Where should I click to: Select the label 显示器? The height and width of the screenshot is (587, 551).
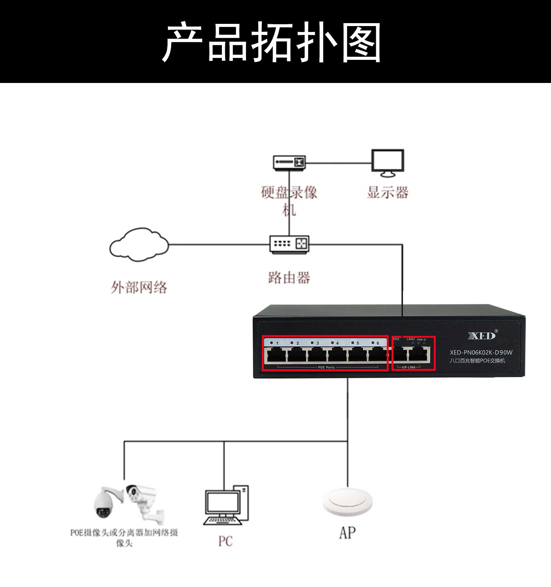(x=388, y=192)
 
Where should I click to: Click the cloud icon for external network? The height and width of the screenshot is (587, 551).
(x=139, y=244)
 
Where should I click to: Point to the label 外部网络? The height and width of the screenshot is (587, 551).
(x=139, y=287)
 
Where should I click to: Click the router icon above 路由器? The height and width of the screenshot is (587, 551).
(x=289, y=244)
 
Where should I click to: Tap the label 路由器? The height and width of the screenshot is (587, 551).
(x=289, y=278)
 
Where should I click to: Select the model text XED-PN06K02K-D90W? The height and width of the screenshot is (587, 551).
(x=481, y=352)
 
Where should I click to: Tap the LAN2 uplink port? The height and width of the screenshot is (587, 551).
(x=419, y=355)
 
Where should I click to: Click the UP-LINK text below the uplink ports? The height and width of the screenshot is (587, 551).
(x=408, y=367)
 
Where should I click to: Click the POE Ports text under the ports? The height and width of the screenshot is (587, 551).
(x=326, y=367)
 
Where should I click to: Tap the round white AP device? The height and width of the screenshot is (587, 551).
(x=347, y=501)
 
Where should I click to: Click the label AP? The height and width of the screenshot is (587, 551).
(x=347, y=533)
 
